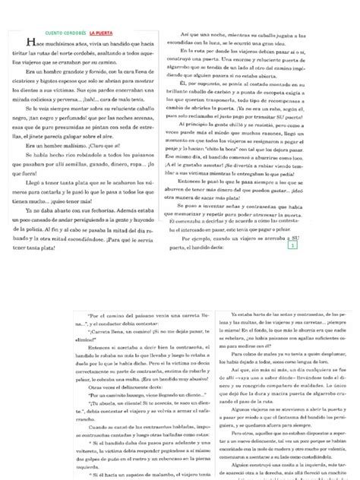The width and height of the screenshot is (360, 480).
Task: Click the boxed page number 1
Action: (292, 267)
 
